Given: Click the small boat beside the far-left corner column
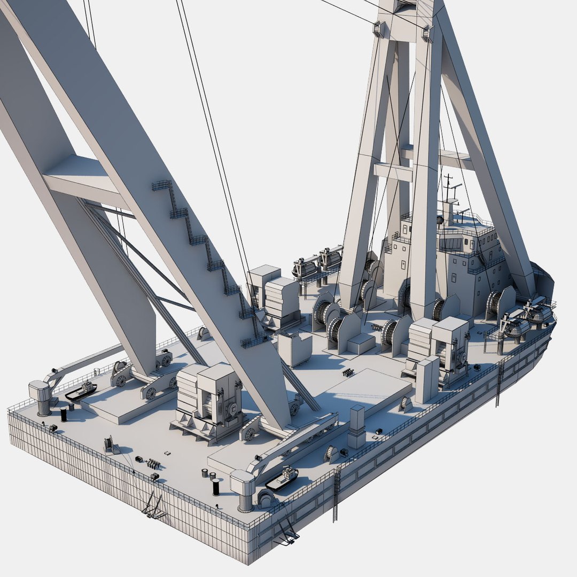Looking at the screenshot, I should (x=81, y=391).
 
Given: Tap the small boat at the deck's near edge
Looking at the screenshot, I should (x=283, y=478).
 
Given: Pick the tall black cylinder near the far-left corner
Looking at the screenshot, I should (x=64, y=414).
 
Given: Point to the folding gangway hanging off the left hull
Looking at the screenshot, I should (x=153, y=505).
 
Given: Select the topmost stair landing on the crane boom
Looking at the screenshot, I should (x=161, y=185).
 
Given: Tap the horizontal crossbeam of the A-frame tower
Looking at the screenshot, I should (x=393, y=171).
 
